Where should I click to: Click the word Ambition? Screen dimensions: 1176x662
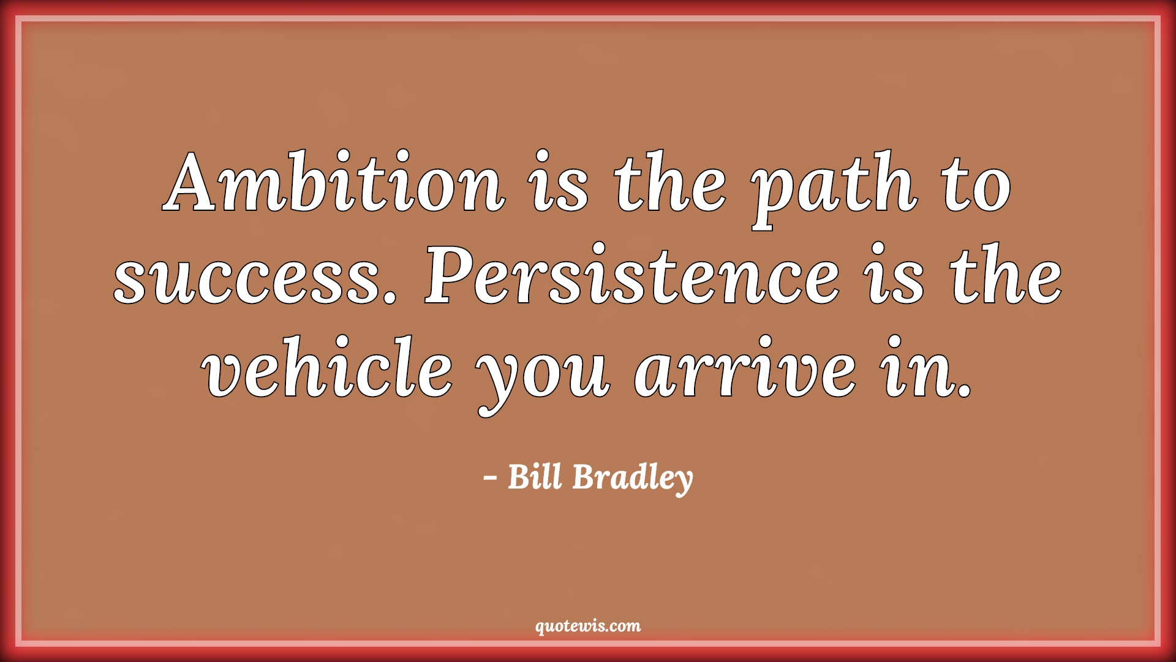334,182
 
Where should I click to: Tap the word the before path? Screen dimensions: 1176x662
671,182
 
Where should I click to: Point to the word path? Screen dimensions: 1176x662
836,190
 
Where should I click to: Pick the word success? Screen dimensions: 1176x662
252,280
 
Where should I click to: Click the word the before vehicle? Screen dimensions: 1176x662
1006,273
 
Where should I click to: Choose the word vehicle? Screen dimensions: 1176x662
329,366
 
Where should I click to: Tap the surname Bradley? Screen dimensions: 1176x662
633,479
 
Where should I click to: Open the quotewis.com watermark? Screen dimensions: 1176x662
588,626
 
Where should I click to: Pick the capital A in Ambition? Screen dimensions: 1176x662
198,182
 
